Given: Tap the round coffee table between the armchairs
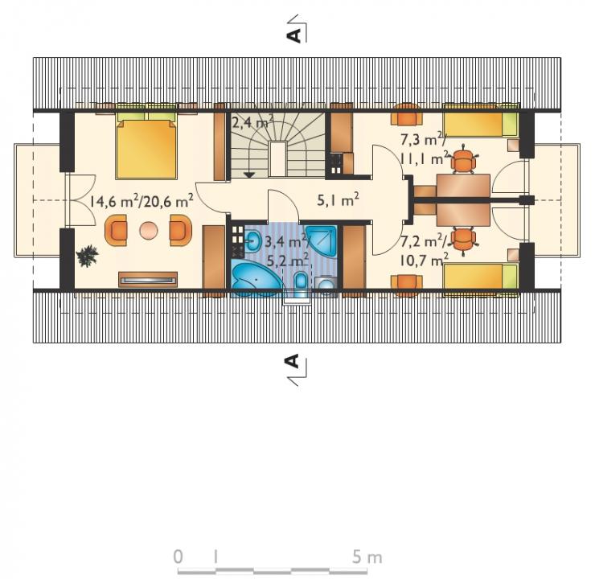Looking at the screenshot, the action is (149, 230).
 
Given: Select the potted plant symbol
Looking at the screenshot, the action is (88, 256).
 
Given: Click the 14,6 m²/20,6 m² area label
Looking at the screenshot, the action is (142, 200).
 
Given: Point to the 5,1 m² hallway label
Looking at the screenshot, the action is (338, 200).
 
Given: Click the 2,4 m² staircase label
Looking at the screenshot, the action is (252, 123).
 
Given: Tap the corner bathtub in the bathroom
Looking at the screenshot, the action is (256, 280).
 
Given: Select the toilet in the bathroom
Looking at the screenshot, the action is (302, 283).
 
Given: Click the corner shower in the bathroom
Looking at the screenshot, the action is (322, 241).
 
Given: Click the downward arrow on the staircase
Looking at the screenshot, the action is (249, 175).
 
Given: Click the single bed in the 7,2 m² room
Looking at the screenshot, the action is (481, 277).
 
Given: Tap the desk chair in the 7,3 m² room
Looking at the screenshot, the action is (464, 161).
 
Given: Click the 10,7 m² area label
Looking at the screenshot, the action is (425, 261).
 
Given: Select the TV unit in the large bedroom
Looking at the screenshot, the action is (148, 280).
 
